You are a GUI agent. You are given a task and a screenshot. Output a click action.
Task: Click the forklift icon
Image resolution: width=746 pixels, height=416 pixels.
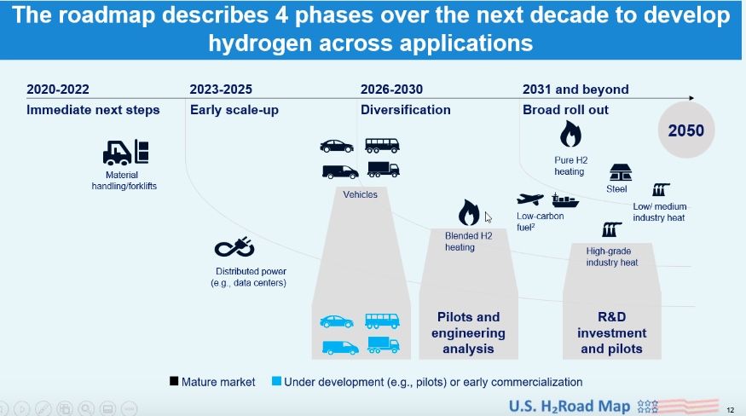coord(125,153)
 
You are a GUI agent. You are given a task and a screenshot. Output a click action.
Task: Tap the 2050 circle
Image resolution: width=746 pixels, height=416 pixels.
coord(686,130)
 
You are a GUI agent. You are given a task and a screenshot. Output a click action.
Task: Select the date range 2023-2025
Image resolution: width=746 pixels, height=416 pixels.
coord(221,90)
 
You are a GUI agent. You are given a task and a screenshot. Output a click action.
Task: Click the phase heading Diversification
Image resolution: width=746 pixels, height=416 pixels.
coord(405,110)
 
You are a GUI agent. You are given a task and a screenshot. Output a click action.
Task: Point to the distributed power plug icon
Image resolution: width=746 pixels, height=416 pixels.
coord(234,247)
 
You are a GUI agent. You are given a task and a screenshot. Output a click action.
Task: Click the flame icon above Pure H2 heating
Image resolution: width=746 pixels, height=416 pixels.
coord(570,134)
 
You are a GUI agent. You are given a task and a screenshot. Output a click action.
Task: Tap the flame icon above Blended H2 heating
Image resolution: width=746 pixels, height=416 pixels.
coord(469,212)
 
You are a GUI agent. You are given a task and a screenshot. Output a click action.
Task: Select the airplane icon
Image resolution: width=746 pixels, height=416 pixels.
coord(530,199)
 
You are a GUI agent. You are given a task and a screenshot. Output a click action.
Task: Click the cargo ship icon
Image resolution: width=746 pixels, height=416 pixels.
coord(565,200)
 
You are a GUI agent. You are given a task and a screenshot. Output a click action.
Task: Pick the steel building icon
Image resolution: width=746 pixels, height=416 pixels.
coord(621,173)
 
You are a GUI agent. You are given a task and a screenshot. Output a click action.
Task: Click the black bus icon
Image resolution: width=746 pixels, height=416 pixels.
coord(382,145)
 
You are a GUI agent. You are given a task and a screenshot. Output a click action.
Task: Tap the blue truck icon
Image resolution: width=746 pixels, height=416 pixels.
coord(383,344)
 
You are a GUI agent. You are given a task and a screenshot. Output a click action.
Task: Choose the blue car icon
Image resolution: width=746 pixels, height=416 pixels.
coord(337,321)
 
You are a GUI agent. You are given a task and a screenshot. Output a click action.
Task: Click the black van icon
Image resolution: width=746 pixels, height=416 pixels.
coord(340,172)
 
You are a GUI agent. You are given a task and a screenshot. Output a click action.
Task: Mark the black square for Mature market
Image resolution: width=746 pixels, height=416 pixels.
coord(174,381)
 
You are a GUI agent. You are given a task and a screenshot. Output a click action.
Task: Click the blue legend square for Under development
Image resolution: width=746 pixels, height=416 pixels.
coord(276,381)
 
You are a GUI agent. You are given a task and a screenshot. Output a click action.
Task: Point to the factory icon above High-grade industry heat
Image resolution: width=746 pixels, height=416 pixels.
coord(611,229)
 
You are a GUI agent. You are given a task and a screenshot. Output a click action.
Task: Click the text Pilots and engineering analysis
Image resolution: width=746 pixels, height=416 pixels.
coord(468,332)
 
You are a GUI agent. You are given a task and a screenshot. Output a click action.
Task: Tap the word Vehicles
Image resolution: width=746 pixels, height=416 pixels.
coord(360,194)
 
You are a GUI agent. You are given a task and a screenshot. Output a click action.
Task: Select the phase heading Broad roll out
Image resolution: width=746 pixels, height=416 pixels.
coord(566,110)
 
